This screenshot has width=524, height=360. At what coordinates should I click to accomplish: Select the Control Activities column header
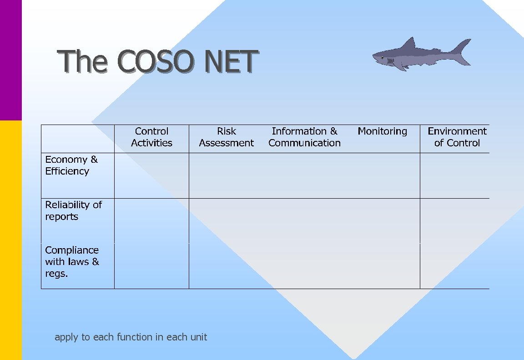[x=151, y=137]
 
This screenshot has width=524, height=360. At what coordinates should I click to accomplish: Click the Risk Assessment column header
[x=226, y=137]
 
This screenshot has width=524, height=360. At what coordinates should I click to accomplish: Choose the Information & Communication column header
[x=304, y=137]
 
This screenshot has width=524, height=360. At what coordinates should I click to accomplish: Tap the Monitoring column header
[x=382, y=131]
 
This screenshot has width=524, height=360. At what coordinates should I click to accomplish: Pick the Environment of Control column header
[x=457, y=137]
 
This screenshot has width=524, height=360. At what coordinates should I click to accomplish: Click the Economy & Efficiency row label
[x=71, y=165]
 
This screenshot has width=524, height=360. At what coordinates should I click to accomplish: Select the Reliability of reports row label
[x=73, y=211]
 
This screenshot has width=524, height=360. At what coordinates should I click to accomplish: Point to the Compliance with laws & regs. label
[x=72, y=262]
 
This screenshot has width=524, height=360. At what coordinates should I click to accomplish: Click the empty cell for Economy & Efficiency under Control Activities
[x=151, y=175]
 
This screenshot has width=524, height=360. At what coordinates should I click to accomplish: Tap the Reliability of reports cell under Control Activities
[x=151, y=220]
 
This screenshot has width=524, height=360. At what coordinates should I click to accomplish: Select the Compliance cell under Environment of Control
[x=454, y=266]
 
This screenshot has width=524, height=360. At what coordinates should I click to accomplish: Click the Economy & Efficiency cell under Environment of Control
[x=454, y=175]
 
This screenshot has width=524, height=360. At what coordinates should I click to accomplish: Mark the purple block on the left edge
[x=10, y=59]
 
